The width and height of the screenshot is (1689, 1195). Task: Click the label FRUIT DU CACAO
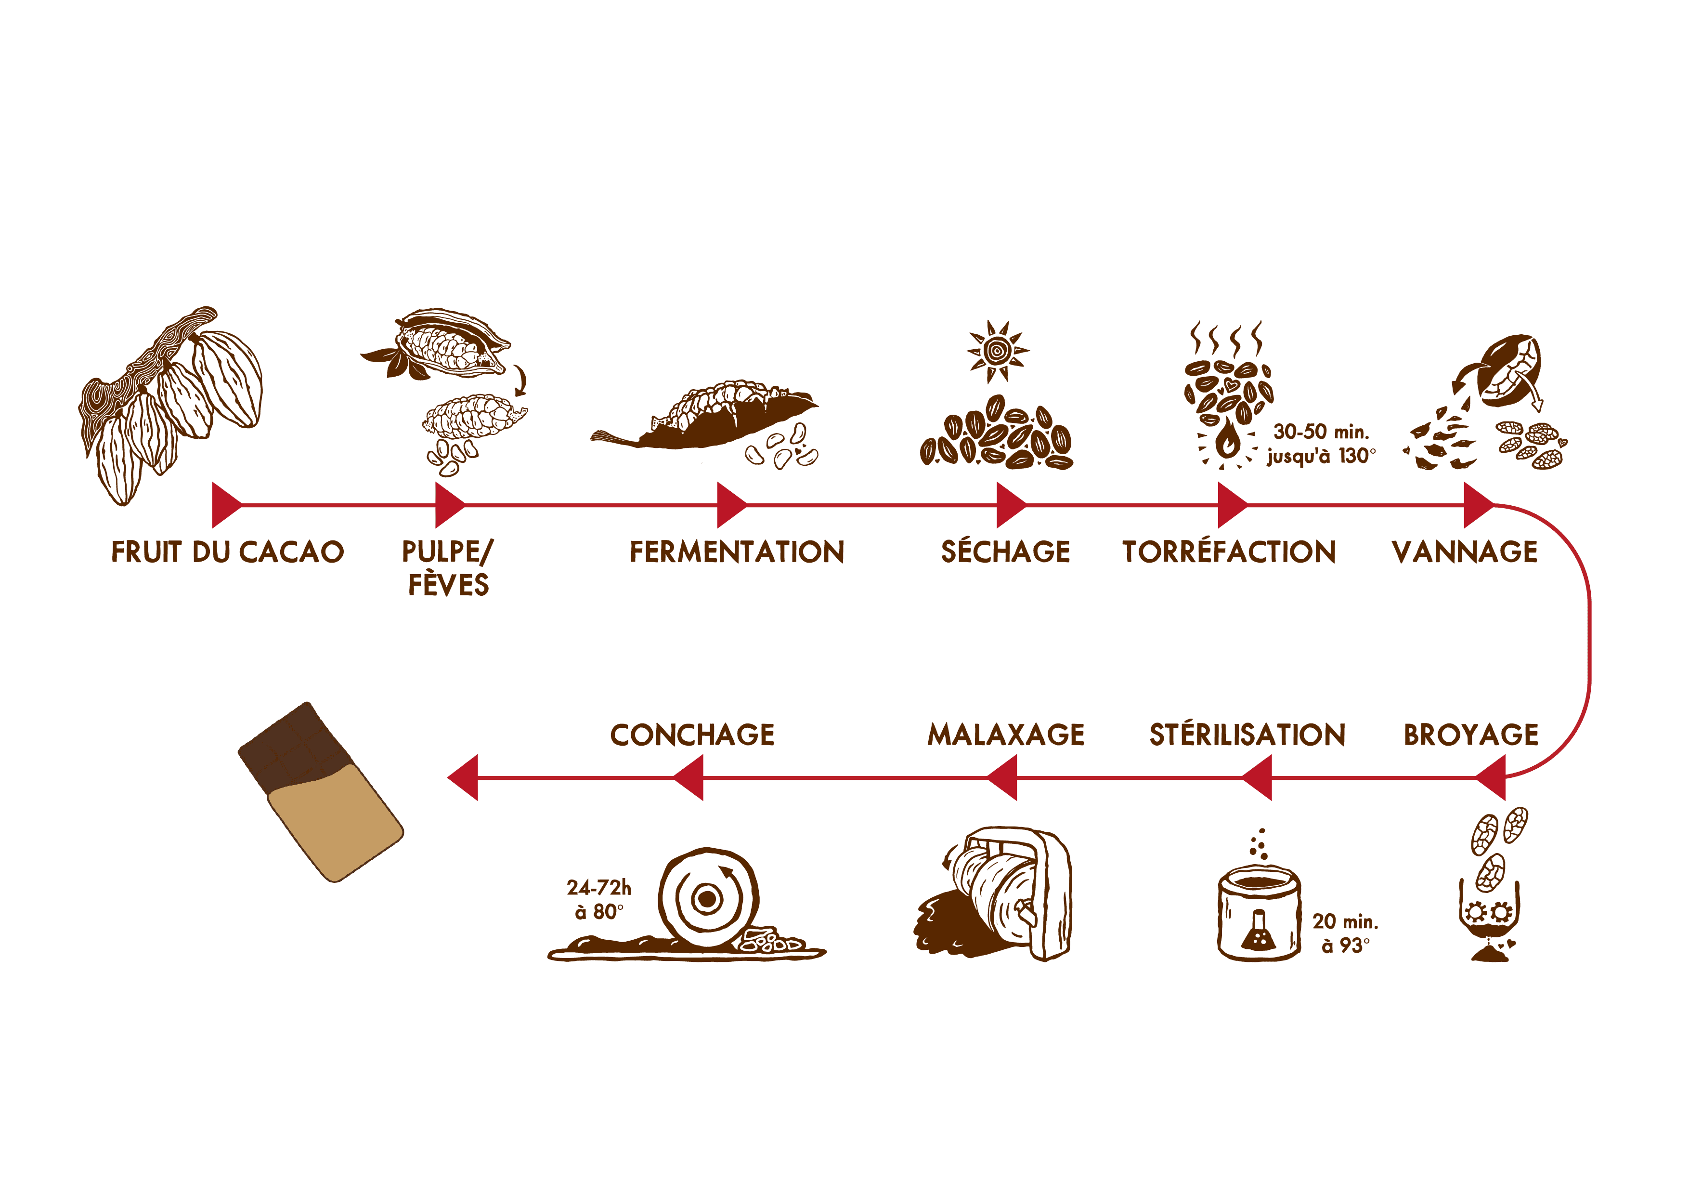(227, 552)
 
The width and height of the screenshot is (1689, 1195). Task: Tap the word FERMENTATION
(737, 552)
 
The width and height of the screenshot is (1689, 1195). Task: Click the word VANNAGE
(1465, 552)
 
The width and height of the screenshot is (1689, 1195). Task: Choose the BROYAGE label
(1471, 735)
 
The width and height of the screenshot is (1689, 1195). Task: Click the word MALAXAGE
(1006, 735)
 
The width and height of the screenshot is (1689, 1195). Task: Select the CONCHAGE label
(692, 735)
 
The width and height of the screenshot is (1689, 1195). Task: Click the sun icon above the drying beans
(998, 352)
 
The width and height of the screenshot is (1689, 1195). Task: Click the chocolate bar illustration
(321, 792)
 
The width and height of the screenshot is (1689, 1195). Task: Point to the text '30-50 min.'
(1321, 432)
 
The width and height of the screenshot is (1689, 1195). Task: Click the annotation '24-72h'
(599, 887)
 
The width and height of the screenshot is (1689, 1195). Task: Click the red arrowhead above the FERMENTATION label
(731, 506)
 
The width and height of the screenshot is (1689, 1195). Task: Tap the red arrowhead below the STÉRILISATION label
(1257, 777)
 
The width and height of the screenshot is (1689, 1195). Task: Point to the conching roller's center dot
(707, 898)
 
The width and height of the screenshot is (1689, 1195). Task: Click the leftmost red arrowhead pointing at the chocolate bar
(464, 777)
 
